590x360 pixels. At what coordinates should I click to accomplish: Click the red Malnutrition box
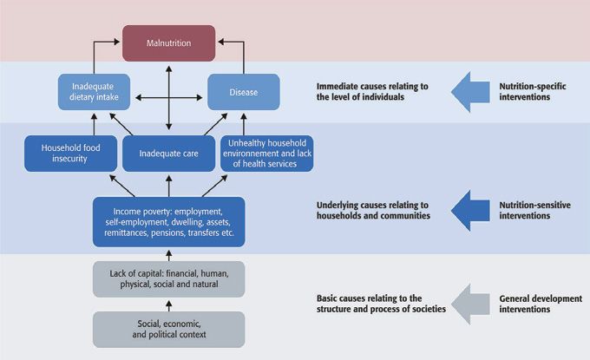click(x=169, y=43)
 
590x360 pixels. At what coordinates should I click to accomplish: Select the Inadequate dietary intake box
click(x=94, y=92)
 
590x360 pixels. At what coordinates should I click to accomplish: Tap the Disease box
click(x=244, y=92)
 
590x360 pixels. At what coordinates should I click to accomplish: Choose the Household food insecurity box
click(x=71, y=153)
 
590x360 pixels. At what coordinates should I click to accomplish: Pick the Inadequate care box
click(x=169, y=153)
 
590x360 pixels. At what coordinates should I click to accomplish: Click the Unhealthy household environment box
click(x=266, y=153)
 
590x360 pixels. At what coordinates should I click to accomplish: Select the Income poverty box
click(x=169, y=222)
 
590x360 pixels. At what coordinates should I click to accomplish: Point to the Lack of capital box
click(x=169, y=279)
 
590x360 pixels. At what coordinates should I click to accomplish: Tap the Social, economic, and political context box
click(x=169, y=329)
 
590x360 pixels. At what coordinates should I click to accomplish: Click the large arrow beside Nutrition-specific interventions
click(x=470, y=92)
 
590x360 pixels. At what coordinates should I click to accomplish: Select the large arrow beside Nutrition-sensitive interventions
click(x=470, y=210)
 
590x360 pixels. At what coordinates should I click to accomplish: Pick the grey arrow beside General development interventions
click(x=470, y=304)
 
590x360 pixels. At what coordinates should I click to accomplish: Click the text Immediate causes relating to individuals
click(x=372, y=91)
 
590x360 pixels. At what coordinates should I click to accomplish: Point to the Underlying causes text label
click(x=373, y=210)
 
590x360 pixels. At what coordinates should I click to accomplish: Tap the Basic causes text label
click(x=381, y=304)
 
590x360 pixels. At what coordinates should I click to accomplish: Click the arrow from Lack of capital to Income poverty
click(x=169, y=255)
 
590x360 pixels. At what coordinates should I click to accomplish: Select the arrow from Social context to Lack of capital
click(x=169, y=305)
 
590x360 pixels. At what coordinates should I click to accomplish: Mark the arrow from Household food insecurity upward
click(x=94, y=124)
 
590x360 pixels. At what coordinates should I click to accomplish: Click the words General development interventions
click(x=541, y=304)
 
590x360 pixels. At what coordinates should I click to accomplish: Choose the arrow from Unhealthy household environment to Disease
click(x=244, y=124)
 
